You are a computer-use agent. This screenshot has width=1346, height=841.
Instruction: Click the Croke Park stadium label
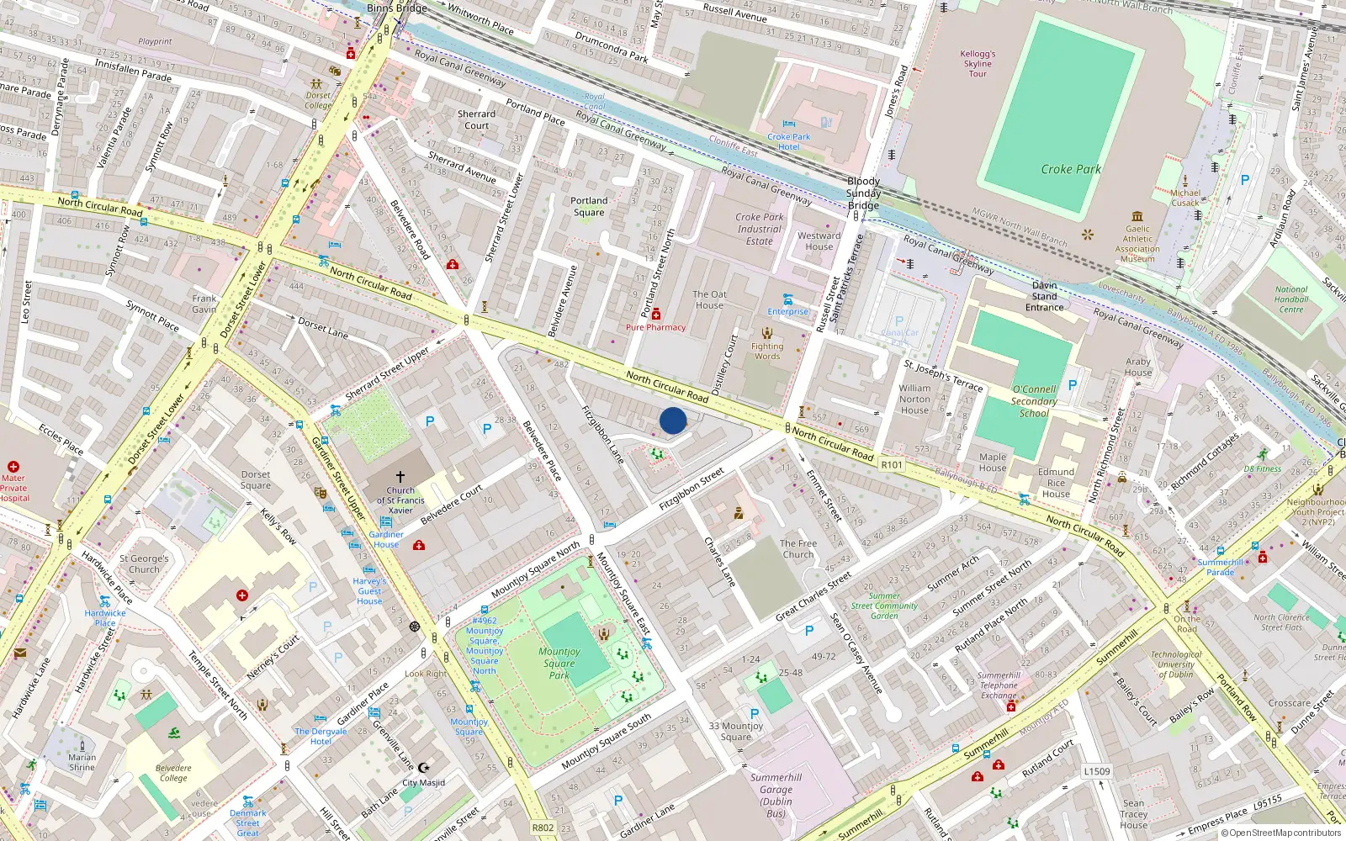1070,169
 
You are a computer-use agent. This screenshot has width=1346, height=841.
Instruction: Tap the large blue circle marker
673,420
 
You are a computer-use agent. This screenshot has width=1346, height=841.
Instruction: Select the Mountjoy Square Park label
559,663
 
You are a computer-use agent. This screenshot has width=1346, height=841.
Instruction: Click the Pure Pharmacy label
655,327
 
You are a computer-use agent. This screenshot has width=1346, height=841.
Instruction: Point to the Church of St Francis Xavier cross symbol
400,476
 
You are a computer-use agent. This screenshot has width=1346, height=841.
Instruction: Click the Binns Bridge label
396,8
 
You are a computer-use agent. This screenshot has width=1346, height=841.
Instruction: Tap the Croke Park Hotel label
788,141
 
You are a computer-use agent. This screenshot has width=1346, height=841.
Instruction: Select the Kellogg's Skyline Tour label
978,64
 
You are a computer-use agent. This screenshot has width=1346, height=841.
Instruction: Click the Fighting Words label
766,351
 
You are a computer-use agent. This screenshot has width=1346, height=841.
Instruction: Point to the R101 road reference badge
891,464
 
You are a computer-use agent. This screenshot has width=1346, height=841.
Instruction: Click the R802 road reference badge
543,828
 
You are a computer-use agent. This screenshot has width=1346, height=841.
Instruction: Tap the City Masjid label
423,782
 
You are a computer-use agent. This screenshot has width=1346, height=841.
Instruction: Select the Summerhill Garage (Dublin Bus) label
776,796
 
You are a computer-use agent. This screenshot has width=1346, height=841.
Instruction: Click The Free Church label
798,548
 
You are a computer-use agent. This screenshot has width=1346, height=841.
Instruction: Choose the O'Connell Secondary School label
1034,401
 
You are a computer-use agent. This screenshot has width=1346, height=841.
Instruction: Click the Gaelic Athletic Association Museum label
1137,244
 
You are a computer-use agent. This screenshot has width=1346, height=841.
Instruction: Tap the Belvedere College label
173,773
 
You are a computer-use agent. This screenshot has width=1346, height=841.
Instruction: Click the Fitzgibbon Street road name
692,489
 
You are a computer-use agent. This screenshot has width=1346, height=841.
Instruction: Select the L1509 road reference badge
1096,771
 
